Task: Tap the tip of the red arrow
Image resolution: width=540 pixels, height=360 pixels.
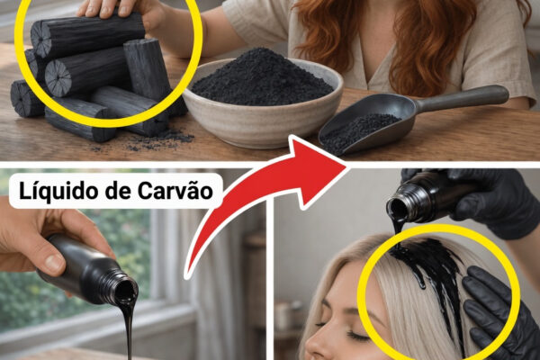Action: click(x=346, y=166)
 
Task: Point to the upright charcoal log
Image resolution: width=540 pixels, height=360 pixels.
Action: click(x=147, y=69)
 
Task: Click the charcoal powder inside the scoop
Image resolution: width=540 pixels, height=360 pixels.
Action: click(x=358, y=130)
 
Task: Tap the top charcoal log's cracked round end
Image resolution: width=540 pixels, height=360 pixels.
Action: click(x=41, y=39)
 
